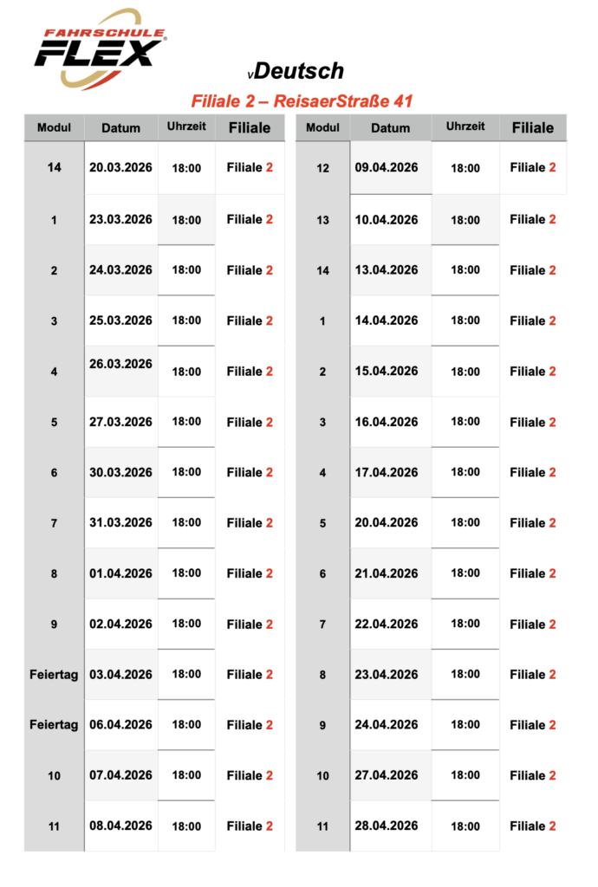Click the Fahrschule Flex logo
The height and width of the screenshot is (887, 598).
point(100,49)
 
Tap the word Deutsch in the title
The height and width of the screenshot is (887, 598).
point(301,71)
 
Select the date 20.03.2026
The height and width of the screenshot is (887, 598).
point(120,167)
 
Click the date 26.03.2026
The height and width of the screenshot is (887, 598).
point(120,364)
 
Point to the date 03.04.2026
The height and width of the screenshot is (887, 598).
point(120,674)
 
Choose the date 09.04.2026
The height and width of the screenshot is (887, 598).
point(387,167)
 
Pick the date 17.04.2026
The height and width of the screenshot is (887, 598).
point(387,472)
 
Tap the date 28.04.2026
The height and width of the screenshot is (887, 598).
point(387,825)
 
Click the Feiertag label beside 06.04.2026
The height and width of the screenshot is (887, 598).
point(54,724)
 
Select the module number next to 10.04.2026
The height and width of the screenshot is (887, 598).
point(323,220)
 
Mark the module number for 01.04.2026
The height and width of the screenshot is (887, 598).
point(54,573)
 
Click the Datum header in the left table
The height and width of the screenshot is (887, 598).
point(120,128)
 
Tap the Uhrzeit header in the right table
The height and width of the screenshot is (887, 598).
point(465,126)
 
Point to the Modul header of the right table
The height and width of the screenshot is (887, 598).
point(323,127)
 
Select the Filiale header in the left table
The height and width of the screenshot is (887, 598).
point(250,128)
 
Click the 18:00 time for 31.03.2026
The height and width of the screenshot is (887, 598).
point(186,522)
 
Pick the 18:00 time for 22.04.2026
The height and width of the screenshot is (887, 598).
point(465,624)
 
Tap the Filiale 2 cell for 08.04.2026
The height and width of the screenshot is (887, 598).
point(250,825)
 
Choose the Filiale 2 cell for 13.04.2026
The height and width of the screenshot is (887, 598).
point(533,270)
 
